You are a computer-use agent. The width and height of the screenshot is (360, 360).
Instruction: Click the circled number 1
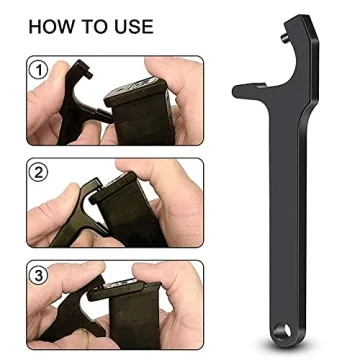click(39, 71)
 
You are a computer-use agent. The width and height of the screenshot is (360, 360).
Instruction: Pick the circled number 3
click(39, 273)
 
